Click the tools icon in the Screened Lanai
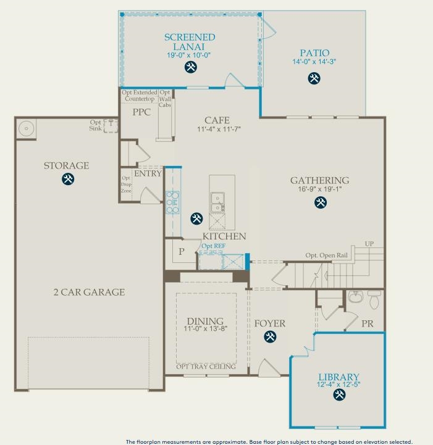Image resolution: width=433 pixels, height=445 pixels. coord(190,67)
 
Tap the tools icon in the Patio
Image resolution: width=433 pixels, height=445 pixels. coord(314,78)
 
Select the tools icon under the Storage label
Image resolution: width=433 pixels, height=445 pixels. coord(68,179)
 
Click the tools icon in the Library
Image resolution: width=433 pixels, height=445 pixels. coord(339,394)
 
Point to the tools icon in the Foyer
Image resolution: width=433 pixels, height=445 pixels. coord(270,336)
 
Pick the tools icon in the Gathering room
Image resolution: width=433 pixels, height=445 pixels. coord(321,202)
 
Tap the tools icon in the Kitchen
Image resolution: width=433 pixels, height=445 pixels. coord(196,218)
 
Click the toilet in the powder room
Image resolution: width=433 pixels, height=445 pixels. coord(374,300)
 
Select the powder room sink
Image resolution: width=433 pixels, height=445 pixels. coord(355,297)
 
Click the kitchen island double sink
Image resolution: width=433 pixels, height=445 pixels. coord(217,202)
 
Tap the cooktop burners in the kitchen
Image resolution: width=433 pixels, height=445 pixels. coord(172,202)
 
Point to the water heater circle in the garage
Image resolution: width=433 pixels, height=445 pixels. coord(26,128)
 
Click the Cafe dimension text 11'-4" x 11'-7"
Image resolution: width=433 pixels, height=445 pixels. coord(219,129)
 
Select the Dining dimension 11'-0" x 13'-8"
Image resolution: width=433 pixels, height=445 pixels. coord(206,328)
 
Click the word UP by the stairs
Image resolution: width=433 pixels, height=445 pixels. coord(369,244)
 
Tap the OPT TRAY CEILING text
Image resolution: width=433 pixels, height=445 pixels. coord(206,367)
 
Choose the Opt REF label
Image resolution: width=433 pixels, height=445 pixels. coord(213,246)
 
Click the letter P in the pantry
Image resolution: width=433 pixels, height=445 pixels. coord(182,251)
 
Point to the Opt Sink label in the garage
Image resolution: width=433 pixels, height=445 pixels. coord(95,125)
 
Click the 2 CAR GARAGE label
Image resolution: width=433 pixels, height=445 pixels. coord(89,292)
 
